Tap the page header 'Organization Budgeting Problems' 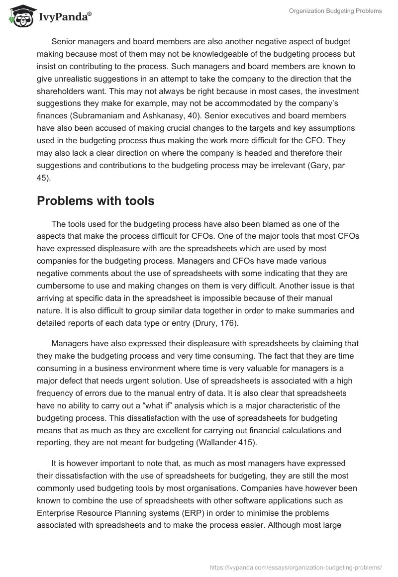click(335, 11)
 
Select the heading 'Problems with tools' click(96, 201)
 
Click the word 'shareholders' click(61, 92)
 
